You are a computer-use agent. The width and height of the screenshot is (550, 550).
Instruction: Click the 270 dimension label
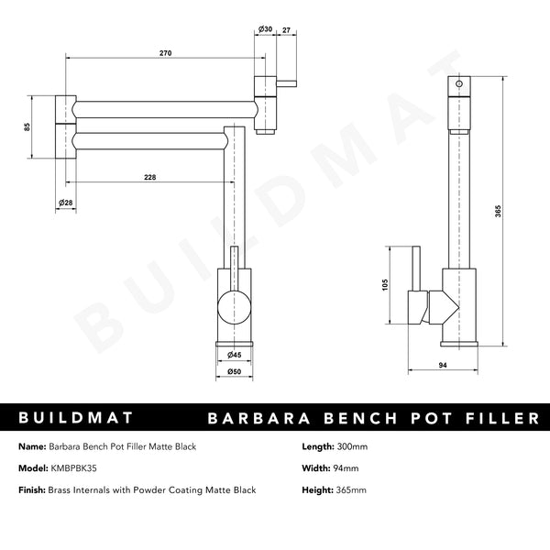166,54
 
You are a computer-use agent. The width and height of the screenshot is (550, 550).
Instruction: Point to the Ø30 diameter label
265,29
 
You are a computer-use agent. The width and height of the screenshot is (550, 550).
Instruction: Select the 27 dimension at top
287,29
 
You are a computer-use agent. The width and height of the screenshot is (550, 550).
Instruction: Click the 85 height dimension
28,126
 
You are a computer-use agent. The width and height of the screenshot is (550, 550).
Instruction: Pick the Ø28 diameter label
66,202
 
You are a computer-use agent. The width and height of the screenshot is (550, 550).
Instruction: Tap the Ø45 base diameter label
234,355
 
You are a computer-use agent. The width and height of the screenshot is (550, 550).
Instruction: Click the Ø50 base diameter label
234,373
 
